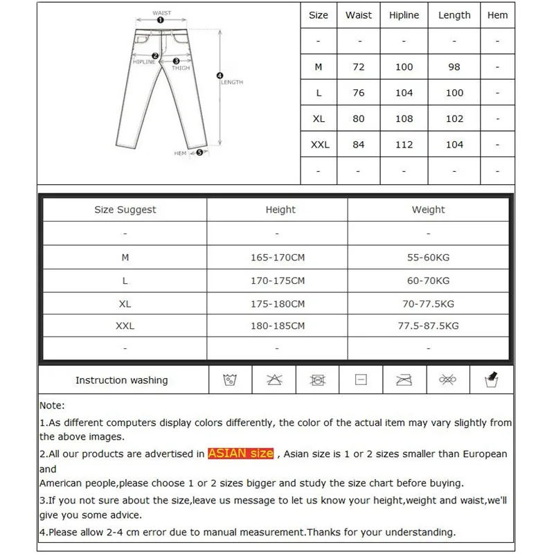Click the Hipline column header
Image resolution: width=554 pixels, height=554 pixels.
click(404, 15)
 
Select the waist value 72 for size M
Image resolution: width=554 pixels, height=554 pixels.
click(359, 67)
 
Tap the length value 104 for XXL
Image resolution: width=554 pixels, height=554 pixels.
click(454, 145)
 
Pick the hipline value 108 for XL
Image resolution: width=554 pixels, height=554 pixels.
click(404, 118)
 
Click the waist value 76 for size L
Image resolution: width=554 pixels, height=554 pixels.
click(359, 93)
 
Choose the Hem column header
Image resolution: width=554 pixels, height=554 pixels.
click(497, 15)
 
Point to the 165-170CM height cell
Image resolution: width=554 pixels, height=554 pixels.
click(278, 258)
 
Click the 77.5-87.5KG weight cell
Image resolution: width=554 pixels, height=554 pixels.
click(429, 325)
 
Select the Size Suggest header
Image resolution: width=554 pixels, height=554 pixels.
click(125, 210)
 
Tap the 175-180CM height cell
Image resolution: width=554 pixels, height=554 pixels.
click(278, 303)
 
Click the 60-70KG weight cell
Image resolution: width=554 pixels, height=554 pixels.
click(429, 280)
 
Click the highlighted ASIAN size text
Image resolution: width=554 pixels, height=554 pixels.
click(241, 454)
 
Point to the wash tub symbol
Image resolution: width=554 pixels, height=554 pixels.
click(230, 379)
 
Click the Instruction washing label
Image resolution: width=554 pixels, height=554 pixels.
click(121, 380)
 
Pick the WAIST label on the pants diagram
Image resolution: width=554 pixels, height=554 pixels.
click(161, 13)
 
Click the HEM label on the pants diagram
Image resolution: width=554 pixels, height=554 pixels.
click(180, 153)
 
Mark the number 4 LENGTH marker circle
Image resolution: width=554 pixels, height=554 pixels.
click(220, 75)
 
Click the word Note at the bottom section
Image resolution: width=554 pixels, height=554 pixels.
click(51, 406)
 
